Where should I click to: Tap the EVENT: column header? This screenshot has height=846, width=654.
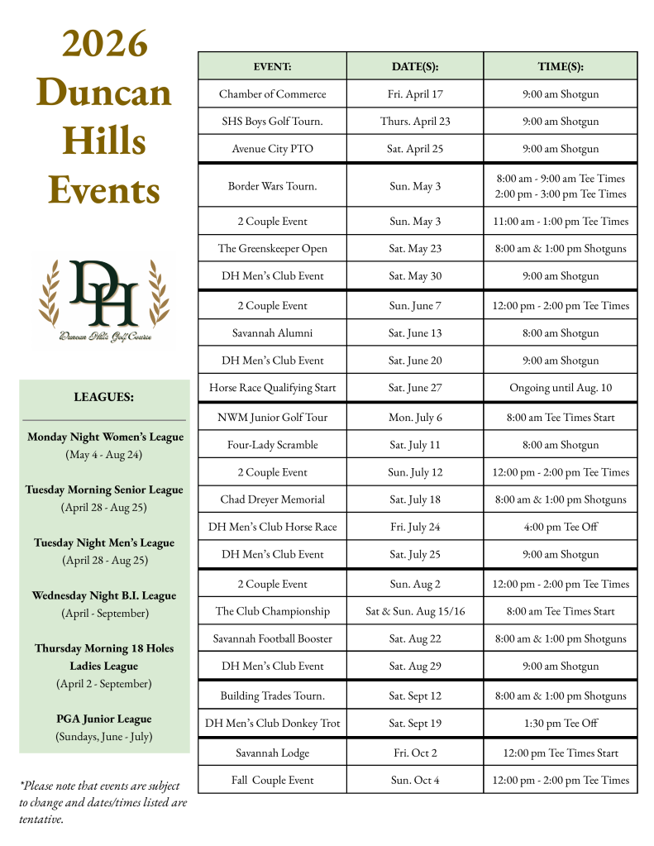[x=272, y=66]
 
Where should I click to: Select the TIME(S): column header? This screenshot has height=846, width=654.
[x=560, y=66]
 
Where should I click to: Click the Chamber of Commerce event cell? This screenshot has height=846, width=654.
[x=272, y=94]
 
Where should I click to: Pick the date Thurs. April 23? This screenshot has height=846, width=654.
[x=415, y=122]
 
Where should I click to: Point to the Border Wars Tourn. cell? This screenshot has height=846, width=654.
[x=272, y=186]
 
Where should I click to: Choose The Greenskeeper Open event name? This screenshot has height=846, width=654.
[x=272, y=249]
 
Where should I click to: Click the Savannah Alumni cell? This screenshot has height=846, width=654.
[x=272, y=333]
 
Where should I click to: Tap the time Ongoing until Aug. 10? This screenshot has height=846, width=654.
[x=560, y=388]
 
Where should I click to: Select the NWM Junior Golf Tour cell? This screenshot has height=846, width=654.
[x=272, y=418]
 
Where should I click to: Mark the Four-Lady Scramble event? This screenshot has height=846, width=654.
[x=272, y=445]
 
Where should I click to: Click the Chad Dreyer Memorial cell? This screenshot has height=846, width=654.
[x=272, y=499]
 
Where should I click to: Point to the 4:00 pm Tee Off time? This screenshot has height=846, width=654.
[x=560, y=527]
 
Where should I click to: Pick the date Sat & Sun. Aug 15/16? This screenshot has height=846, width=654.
[x=415, y=612]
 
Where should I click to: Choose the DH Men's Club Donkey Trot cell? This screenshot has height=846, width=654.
[x=272, y=724]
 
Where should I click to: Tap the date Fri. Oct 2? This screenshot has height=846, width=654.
[x=415, y=753]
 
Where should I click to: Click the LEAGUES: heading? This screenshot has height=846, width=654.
[x=103, y=397]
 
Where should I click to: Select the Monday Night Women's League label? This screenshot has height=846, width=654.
[x=105, y=437]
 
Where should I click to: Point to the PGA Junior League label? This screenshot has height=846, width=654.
[x=104, y=719]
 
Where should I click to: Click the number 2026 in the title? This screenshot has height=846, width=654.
[x=104, y=44]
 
